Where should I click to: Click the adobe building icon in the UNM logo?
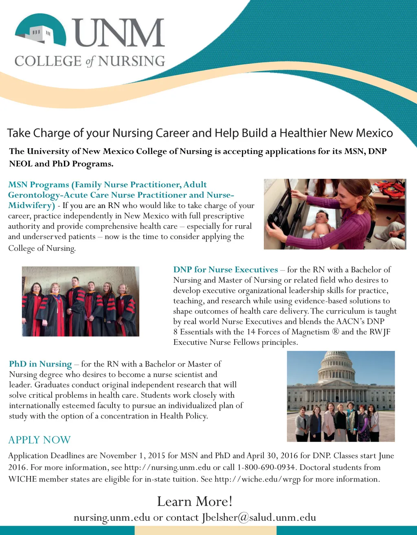pyautogui.click(x=41, y=33)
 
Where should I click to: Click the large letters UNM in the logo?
pyautogui.click(x=120, y=33)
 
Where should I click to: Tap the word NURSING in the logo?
pyautogui.click(x=132, y=61)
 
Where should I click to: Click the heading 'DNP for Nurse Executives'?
pyautogui.click(x=225, y=270)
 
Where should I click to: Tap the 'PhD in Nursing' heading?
pyautogui.click(x=40, y=364)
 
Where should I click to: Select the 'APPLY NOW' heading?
pyautogui.click(x=40, y=440)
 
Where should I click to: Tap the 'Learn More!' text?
pyautogui.click(x=195, y=501)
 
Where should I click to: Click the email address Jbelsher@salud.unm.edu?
pyautogui.click(x=259, y=517)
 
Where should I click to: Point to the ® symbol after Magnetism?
pyautogui.click(x=335, y=332)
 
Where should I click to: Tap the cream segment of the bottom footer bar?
pyautogui.click(x=205, y=530)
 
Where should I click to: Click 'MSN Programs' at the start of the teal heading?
pyautogui.click(x=38, y=185)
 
